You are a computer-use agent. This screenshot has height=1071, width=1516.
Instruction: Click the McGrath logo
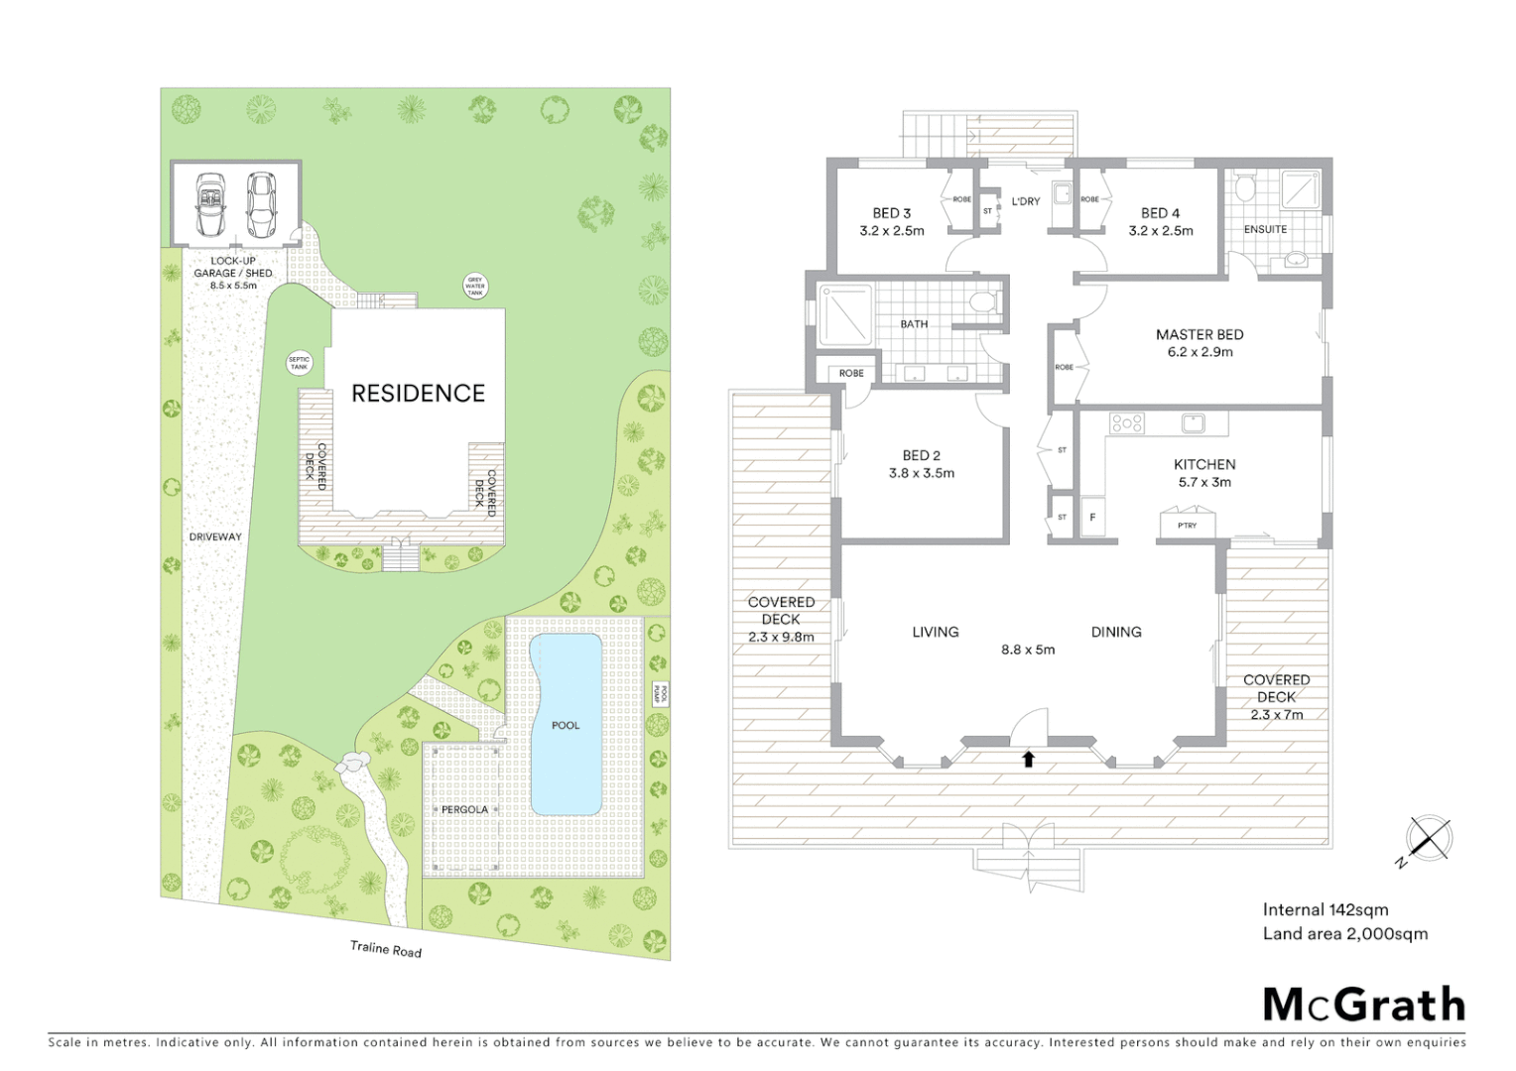pos(1363,1004)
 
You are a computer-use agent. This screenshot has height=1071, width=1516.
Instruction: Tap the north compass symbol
pos(1429,839)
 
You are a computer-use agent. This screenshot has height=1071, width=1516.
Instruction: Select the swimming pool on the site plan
pos(566,724)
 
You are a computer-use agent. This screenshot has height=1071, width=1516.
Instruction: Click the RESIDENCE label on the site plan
pos(418,394)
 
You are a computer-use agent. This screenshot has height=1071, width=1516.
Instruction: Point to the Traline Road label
pos(386,949)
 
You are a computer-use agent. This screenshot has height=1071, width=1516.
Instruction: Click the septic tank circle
pos(299,364)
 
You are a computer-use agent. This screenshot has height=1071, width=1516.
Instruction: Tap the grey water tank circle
pos(475,287)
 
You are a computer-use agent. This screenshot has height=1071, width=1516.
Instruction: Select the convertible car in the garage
pos(210,204)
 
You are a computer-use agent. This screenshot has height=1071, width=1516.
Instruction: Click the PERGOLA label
pos(465,809)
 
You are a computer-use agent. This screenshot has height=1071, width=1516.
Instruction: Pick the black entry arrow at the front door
pos(1028,759)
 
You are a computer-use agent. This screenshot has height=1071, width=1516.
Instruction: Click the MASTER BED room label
pos(1199,335)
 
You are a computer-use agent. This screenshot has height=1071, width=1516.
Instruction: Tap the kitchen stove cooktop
pos(1126,423)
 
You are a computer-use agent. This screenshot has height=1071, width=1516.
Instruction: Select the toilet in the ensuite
pos(1246,187)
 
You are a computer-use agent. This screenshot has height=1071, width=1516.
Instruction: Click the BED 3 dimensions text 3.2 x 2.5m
pos(891,231)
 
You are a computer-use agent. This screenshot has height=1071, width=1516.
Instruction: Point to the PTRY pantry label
pos(1187,526)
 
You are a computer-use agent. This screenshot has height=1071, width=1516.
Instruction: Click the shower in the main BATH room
pos(845,315)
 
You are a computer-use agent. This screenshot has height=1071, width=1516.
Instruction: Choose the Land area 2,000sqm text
pos(1344,933)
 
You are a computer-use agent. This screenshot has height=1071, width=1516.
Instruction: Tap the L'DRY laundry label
pos(1025,201)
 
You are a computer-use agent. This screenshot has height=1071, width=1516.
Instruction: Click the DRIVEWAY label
pos(215,536)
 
